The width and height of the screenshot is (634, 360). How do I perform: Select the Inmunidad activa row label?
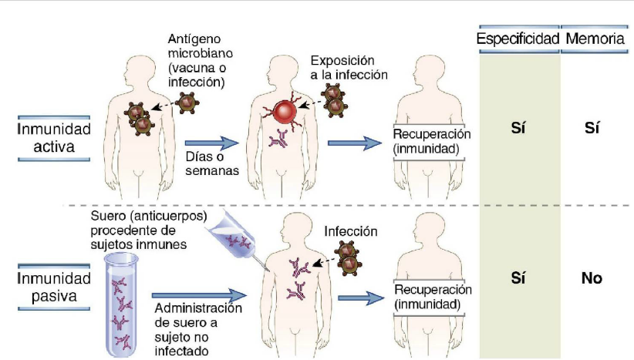(x=54, y=137)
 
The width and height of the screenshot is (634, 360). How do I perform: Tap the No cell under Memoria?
(x=592, y=278)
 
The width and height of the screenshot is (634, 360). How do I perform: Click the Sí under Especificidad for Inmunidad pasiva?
(x=518, y=278)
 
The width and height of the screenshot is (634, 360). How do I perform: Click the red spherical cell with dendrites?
(x=282, y=112)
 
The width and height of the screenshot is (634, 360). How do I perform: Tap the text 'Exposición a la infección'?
(x=349, y=66)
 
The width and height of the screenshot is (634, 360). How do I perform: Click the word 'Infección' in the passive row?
(x=351, y=230)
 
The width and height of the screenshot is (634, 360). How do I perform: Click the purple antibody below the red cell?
(x=278, y=140)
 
